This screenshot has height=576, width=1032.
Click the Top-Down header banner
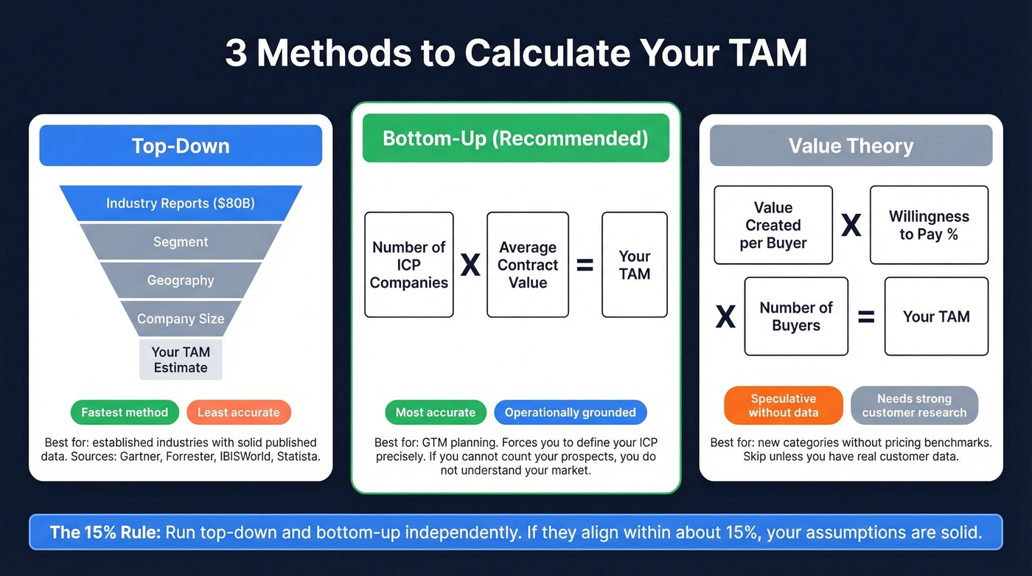(x=181, y=145)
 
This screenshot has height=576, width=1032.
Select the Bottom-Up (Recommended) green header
(x=515, y=138)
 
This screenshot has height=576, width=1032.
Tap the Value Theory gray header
(x=851, y=145)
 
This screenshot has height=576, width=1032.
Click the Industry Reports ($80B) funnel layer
(x=181, y=203)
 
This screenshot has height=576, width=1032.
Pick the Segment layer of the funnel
(x=181, y=242)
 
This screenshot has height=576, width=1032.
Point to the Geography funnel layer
(x=181, y=280)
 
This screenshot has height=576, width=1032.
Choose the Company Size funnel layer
(x=181, y=319)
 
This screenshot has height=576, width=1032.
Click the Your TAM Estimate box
(x=181, y=359)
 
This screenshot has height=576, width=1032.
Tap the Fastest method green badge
(x=125, y=412)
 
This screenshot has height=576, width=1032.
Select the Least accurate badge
(x=239, y=412)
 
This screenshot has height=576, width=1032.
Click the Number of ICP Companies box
(x=409, y=265)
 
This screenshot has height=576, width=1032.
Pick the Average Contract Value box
(x=528, y=265)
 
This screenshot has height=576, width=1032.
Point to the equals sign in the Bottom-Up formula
(x=585, y=266)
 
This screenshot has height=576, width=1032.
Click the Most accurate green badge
(x=436, y=412)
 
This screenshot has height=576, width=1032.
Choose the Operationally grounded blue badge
(x=570, y=412)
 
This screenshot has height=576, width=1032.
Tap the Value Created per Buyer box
(x=773, y=225)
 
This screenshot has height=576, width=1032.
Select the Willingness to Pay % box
(x=929, y=225)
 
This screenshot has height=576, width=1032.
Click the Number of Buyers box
(x=796, y=316)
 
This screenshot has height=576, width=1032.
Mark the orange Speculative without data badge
(x=784, y=405)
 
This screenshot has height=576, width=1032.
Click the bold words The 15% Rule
(x=105, y=532)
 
